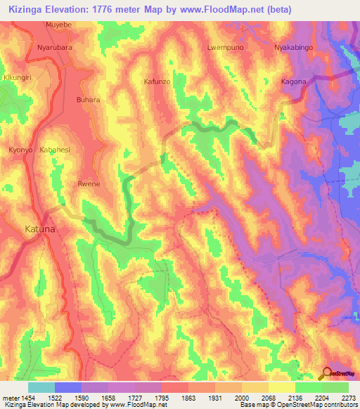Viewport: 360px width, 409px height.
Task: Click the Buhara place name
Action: click(89, 100)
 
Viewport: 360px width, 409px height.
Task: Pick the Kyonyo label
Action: click(21, 150)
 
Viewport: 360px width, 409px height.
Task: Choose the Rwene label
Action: click(89, 183)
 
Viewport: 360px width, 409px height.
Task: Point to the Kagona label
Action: click(294, 82)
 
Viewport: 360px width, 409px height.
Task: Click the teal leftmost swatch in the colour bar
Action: click(41, 387)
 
